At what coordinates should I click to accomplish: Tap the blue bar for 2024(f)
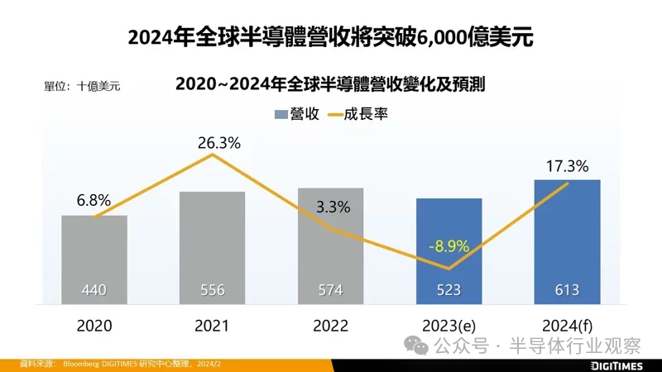click(567, 240)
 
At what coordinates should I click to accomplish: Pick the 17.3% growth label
click(567, 166)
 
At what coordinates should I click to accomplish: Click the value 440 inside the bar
click(94, 290)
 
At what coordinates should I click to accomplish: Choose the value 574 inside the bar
click(330, 290)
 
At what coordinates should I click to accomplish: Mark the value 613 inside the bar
click(567, 290)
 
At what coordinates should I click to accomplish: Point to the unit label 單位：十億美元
click(82, 85)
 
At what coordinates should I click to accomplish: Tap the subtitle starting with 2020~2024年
click(330, 84)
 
